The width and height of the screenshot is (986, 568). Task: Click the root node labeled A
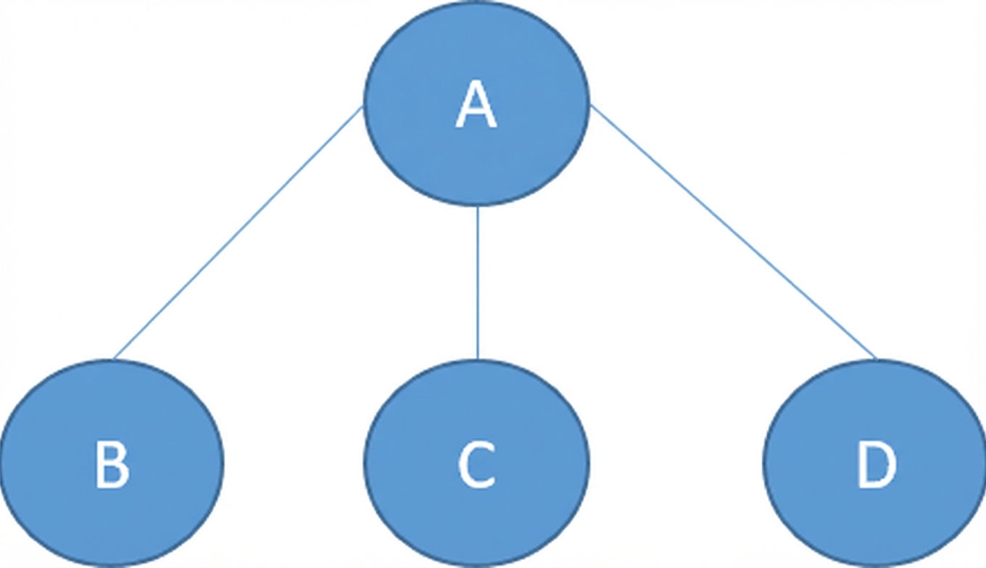pos(476,104)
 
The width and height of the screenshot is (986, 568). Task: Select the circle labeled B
pos(112,463)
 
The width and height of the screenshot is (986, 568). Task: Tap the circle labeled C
pos(477,463)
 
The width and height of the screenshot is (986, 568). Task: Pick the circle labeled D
pos(875,463)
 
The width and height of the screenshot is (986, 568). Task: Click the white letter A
pos(476,106)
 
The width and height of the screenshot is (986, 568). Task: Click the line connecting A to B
pos(238,233)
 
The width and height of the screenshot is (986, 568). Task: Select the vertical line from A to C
pos(478,283)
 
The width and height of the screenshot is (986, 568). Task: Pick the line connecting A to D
pos(733,232)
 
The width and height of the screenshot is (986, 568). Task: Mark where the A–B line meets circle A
pos(363,106)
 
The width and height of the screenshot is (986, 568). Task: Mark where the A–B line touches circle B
pos(114,359)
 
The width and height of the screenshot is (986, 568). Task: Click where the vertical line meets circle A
pos(478,206)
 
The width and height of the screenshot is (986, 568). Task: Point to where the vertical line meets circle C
pos(478,359)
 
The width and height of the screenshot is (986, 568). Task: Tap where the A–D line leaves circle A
pos(590,105)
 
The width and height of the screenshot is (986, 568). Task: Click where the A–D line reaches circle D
pos(877,359)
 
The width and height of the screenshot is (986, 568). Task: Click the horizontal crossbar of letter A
pos(476,114)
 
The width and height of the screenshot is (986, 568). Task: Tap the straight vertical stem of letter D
pos(861,465)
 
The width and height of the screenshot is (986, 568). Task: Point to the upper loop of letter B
pos(112,454)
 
